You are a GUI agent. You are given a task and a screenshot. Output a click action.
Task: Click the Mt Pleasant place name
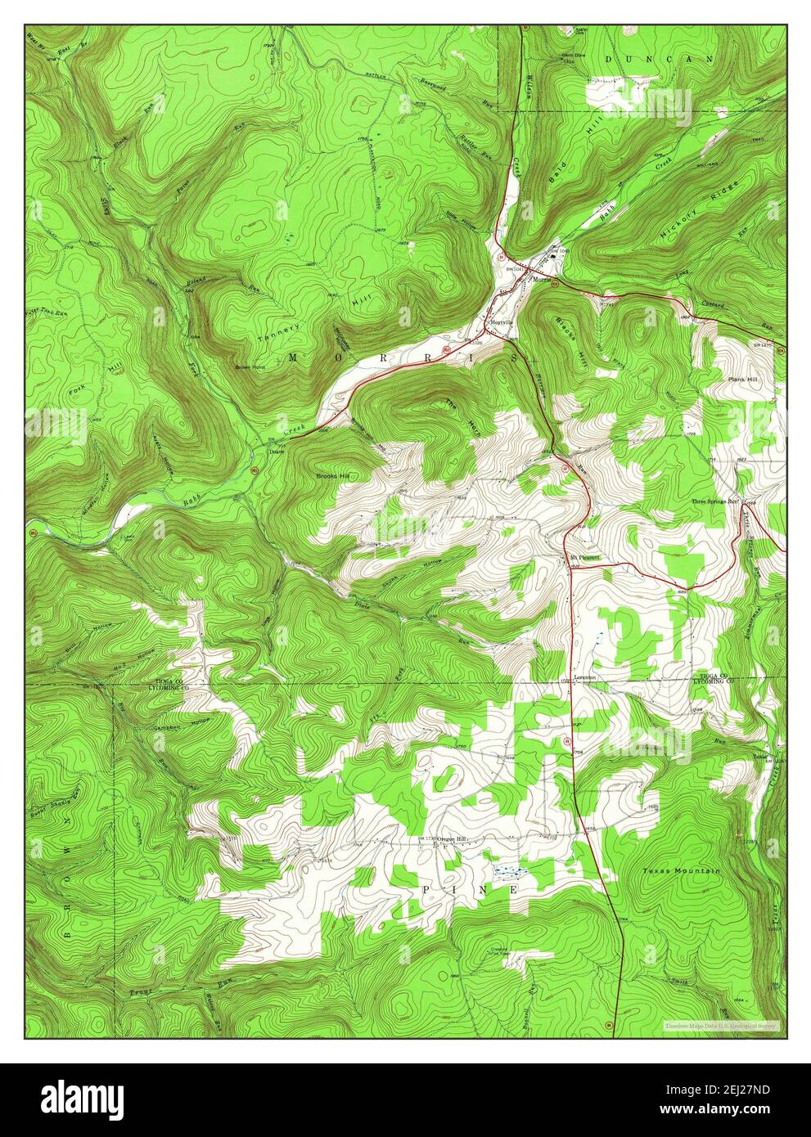585,558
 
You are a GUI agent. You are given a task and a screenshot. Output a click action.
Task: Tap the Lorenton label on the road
584,677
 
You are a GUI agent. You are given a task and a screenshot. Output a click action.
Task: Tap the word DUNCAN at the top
659,59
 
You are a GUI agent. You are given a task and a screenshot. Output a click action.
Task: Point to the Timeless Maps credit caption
721,1025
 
